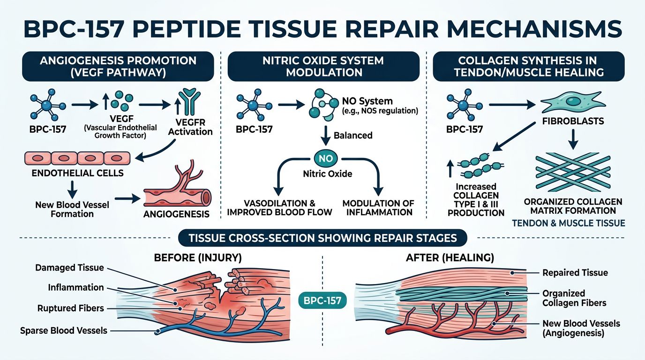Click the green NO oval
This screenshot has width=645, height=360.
325,158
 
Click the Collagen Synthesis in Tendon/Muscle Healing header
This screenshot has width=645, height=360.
528,67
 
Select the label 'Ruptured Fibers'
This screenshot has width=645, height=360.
71,308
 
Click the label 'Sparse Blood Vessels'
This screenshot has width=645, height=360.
64,330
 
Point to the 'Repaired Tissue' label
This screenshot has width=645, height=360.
575,272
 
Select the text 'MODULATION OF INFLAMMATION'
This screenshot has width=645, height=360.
378,208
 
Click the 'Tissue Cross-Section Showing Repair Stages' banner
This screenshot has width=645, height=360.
322,238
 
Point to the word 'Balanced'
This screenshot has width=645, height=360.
353,135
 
